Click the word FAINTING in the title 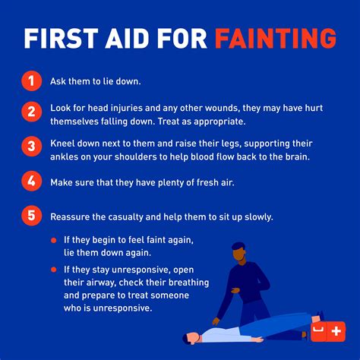click(x=276, y=38)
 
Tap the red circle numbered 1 click(x=31, y=81)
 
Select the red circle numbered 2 click(x=31, y=112)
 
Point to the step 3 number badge click(x=31, y=146)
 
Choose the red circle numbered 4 click(x=31, y=181)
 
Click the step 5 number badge click(x=31, y=216)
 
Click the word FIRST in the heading click(x=62, y=38)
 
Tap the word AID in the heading click(x=128, y=38)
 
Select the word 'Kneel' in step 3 click(x=62, y=144)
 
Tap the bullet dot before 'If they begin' click(x=54, y=240)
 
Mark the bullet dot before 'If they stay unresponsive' click(x=54, y=270)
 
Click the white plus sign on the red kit click(x=336, y=331)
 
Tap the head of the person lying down click(x=191, y=338)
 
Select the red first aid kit click(x=328, y=331)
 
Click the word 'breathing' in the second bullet click(x=188, y=283)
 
